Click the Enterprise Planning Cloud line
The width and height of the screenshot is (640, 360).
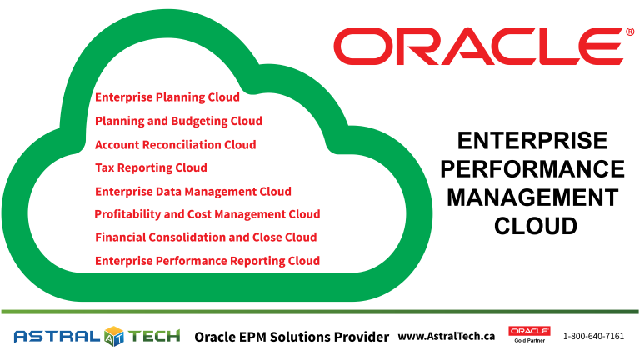point(167,97)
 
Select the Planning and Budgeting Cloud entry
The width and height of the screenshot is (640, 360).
point(178,121)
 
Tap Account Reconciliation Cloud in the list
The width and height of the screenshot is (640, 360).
point(175,144)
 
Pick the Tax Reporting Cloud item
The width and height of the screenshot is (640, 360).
point(151,167)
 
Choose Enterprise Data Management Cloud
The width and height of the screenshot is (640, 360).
point(193,191)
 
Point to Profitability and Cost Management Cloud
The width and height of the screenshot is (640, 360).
point(207,214)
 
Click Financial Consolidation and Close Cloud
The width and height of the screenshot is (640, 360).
point(206,237)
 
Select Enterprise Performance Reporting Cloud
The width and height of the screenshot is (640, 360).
point(207,261)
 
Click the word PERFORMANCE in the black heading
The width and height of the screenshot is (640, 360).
point(532,170)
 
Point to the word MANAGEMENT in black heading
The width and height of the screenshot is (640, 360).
point(532,197)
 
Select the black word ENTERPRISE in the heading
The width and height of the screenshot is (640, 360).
point(532,142)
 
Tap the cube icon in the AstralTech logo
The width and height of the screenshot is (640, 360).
point(114,337)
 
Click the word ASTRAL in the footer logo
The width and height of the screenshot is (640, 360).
point(56,337)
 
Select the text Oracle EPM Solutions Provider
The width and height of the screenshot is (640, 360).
point(292,337)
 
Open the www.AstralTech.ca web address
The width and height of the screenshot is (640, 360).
point(447,336)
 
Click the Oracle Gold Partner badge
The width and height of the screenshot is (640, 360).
point(529,335)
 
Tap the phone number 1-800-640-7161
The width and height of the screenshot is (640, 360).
point(593,337)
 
